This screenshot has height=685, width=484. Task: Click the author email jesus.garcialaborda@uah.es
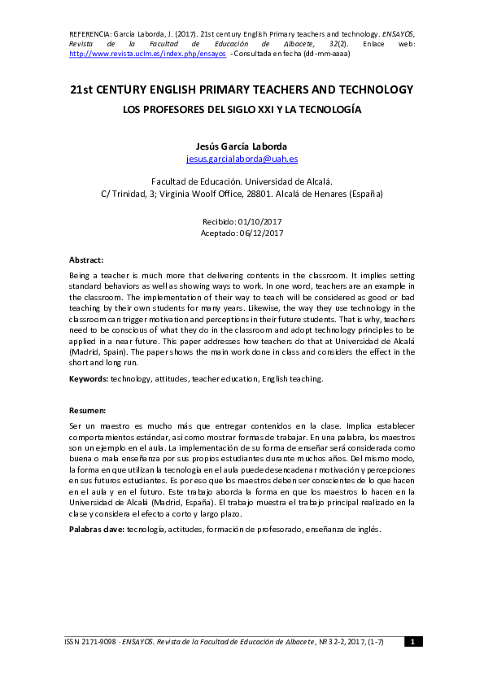point(242,159)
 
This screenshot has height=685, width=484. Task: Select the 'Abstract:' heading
point(86,260)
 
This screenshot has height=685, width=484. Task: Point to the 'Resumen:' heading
point(87,411)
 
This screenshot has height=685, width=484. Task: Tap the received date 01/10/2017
point(259,221)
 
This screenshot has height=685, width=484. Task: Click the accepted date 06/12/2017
point(261,233)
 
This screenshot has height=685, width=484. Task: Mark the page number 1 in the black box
point(412,643)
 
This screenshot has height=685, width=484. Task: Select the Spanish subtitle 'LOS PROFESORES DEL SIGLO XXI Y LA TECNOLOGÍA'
point(242,108)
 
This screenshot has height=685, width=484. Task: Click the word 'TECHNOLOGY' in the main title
point(368,89)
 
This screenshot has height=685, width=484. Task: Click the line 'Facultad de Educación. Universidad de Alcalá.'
point(242,181)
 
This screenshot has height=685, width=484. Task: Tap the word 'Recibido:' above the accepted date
point(219,221)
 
